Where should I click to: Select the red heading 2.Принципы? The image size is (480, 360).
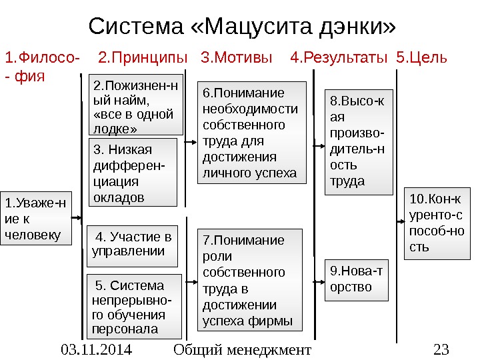(x=139, y=58)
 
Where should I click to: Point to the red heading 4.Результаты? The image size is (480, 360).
(x=339, y=58)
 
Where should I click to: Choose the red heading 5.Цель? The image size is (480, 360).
(x=421, y=58)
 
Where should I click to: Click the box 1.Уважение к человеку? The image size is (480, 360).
(x=35, y=219)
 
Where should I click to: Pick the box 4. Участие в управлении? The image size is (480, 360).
(x=133, y=245)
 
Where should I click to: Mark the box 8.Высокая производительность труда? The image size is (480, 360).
(x=355, y=141)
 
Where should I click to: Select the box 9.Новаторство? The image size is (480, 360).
(x=355, y=279)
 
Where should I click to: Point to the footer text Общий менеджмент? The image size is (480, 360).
(x=242, y=349)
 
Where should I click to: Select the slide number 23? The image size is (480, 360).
(x=441, y=349)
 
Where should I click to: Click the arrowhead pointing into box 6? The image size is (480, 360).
(x=197, y=141)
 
